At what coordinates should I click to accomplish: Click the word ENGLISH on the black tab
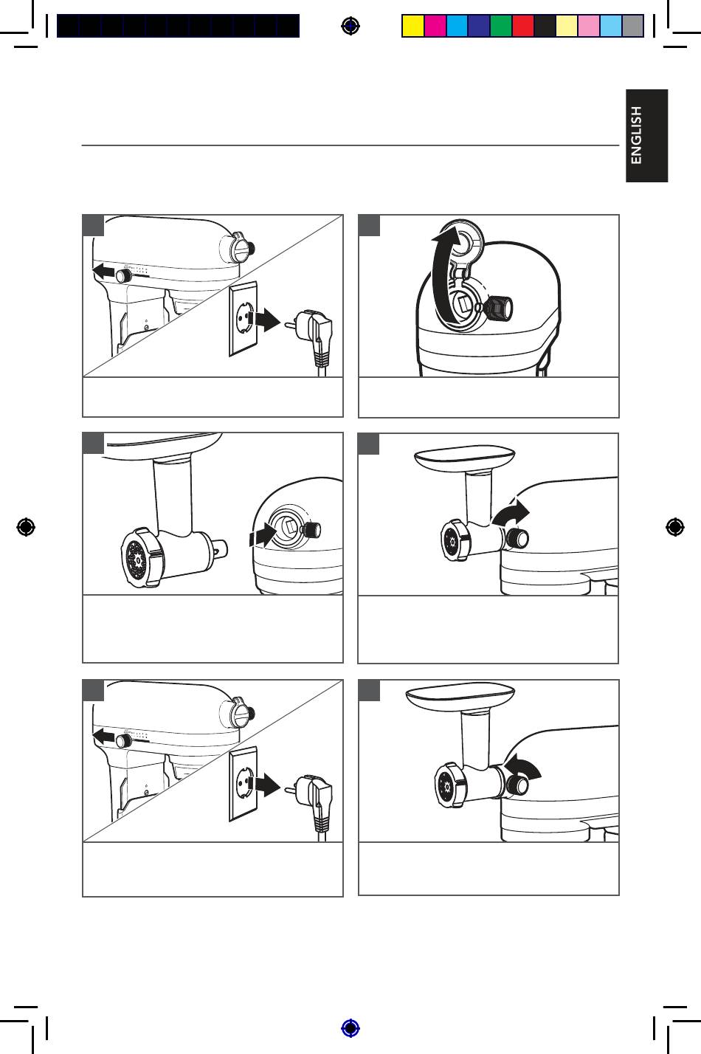(636, 135)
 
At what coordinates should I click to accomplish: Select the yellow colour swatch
(413, 25)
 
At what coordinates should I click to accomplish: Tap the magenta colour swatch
(435, 25)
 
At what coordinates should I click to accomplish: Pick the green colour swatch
(501, 25)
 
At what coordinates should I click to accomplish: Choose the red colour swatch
(523, 25)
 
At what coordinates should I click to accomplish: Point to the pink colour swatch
(589, 25)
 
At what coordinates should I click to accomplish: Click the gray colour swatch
(633, 25)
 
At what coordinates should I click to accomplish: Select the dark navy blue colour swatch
(479, 25)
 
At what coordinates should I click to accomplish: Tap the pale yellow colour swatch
(567, 25)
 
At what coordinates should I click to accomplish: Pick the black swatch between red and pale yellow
(545, 25)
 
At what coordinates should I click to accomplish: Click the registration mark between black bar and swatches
(350, 25)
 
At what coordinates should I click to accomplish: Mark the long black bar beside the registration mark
(179, 25)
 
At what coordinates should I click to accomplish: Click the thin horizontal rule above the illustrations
(350, 145)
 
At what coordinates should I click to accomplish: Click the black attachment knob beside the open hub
(500, 308)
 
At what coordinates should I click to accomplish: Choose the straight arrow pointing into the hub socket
(263, 535)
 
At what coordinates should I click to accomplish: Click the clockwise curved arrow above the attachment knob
(511, 512)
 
